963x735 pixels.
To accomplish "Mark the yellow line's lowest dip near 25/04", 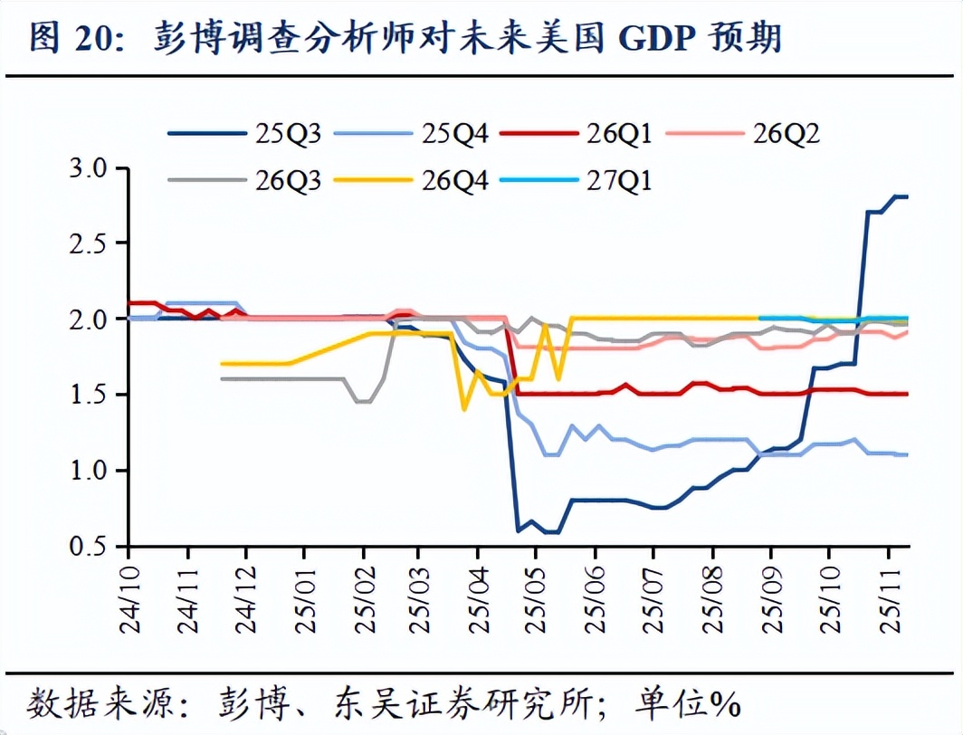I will tap(464, 409).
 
